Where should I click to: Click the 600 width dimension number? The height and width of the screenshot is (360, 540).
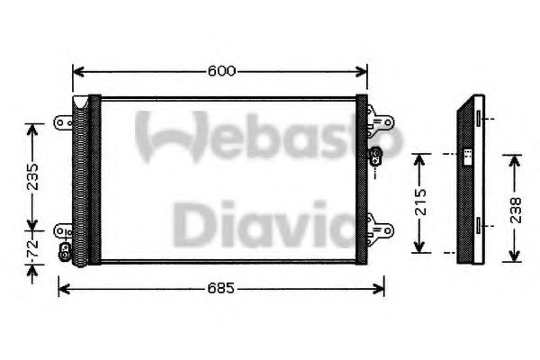coord(220,70)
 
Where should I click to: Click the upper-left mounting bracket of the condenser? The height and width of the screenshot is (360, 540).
coord(63,120)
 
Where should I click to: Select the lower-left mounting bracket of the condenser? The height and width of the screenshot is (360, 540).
coord(63,232)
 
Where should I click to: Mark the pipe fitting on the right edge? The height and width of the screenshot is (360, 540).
coord(376,157)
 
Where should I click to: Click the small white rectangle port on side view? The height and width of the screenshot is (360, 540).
coord(469,156)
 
